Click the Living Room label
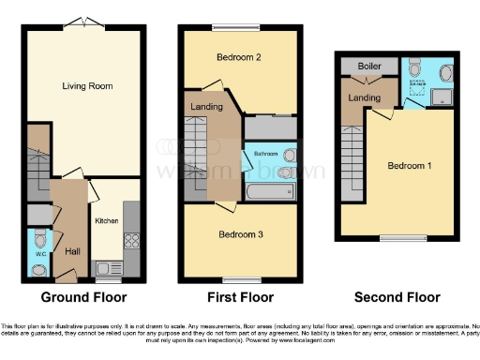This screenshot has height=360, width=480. click(87, 86)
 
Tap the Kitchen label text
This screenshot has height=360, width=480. click(106, 221)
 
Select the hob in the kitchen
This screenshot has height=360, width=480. click(131, 239)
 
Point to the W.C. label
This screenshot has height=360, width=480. click(37, 252)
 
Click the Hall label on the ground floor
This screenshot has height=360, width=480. click(71, 251)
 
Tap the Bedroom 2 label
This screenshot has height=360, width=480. click(238, 57)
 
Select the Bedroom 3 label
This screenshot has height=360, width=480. click(240, 233)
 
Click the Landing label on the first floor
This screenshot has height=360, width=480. click(206, 108)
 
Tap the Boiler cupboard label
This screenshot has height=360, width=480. click(366, 67)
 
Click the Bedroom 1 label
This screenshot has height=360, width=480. click(410, 166)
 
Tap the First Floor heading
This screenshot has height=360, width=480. click(240, 298)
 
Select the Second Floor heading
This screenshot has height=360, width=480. click(397, 298)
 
